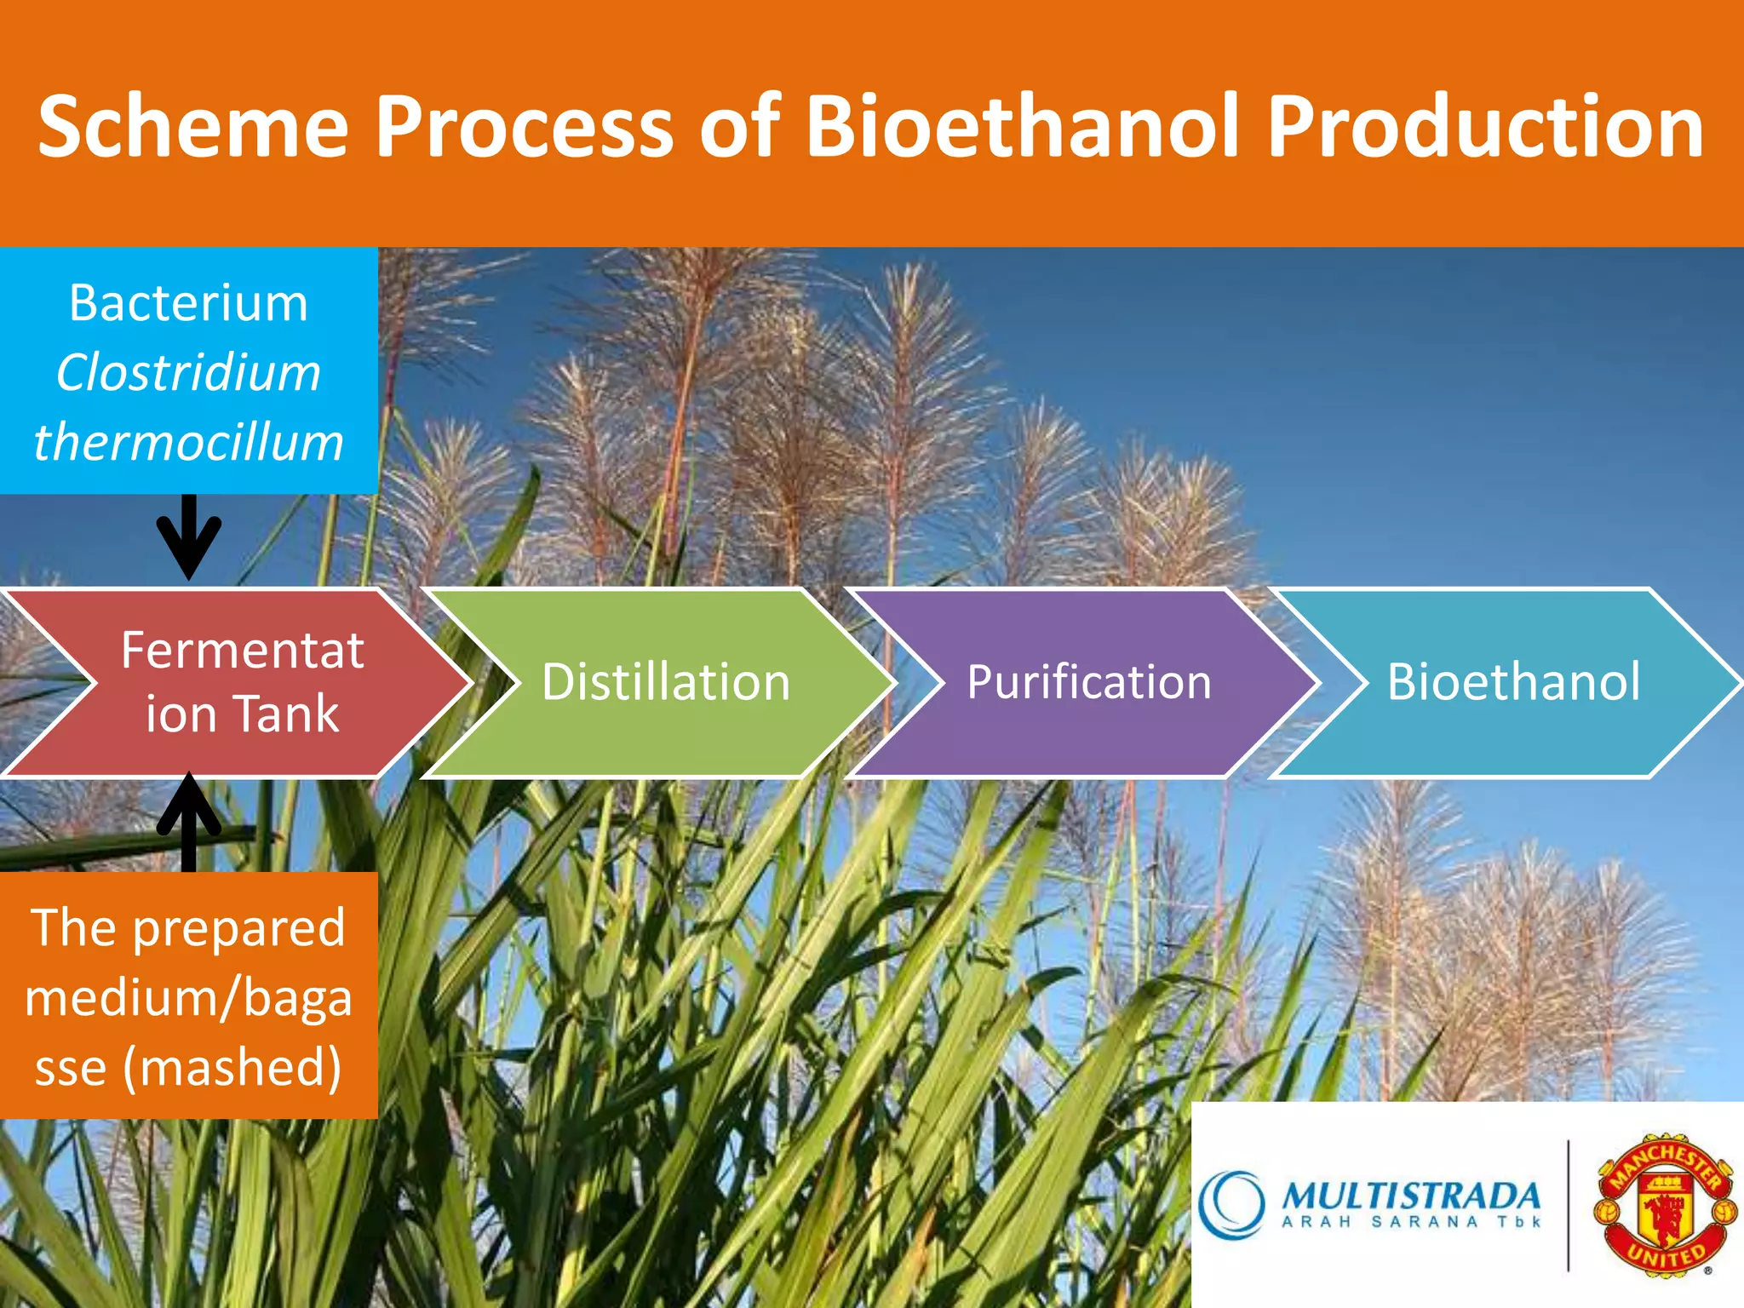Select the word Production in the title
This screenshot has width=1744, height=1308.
pyautogui.click(x=1485, y=126)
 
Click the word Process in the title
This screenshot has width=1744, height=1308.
pyautogui.click(x=525, y=126)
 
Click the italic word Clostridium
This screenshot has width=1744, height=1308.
pyautogui.click(x=188, y=372)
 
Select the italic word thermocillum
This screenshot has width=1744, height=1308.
pyautogui.click(x=188, y=442)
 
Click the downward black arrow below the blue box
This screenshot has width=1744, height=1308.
pyautogui.click(x=189, y=537)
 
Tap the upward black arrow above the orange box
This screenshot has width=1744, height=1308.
pyautogui.click(x=189, y=822)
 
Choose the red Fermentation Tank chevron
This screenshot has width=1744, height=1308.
pyautogui.click(x=238, y=682)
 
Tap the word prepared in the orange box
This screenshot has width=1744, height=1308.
pyautogui.click(x=239, y=928)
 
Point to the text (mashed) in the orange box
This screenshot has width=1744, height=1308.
pyautogui.click(x=232, y=1067)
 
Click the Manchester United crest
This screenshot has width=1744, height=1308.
pyautogui.click(x=1665, y=1204)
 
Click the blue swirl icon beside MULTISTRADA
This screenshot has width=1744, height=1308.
pyautogui.click(x=1231, y=1203)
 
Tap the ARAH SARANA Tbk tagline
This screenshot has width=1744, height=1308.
pyautogui.click(x=1411, y=1222)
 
